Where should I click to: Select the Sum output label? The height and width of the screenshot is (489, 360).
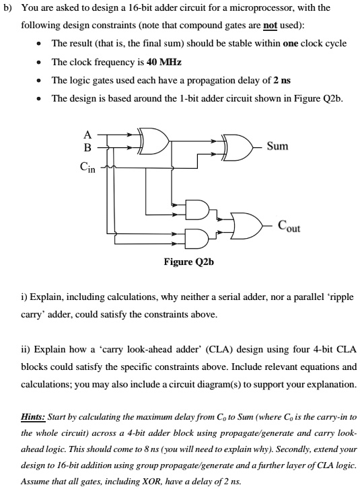coord(277,145)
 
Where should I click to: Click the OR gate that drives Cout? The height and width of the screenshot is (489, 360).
coord(244,223)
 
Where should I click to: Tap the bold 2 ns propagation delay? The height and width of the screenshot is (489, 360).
coord(280,80)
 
